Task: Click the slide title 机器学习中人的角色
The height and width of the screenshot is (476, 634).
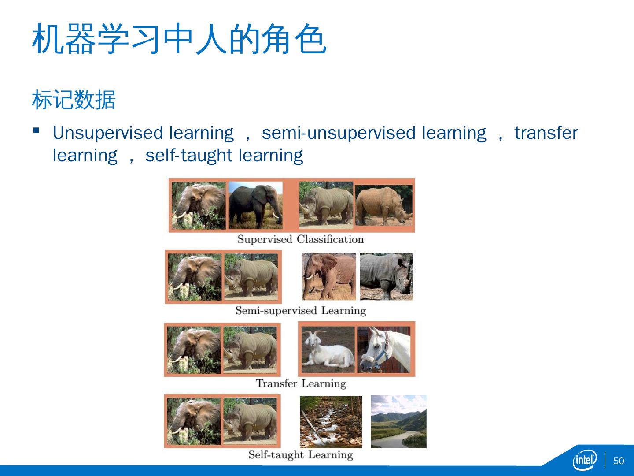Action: coord(179,39)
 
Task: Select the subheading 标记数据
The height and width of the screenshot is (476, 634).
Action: coord(74,100)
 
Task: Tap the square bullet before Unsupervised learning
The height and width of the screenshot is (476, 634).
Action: coord(36,130)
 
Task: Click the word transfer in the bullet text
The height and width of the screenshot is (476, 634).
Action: coord(546,133)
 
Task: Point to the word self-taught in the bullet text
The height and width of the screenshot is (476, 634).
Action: coord(188,156)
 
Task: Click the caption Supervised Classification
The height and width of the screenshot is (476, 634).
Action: coord(300,239)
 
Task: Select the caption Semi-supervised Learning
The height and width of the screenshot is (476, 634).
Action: coord(301,311)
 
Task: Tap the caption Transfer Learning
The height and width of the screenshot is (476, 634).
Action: coord(301,383)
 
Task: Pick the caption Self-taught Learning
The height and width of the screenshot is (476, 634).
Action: coord(301,455)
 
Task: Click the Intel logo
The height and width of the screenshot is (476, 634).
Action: coord(585,460)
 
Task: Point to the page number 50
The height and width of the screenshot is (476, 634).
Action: coord(619,461)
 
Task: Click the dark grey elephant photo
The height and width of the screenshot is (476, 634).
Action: coord(256,205)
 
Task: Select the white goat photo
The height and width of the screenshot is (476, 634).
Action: coord(328,350)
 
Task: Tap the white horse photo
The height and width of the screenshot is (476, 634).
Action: coord(384,350)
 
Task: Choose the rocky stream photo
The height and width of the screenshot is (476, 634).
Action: coord(331,422)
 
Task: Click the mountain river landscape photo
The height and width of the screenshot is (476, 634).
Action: coord(398,422)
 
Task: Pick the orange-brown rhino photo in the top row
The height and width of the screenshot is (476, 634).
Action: coord(384,205)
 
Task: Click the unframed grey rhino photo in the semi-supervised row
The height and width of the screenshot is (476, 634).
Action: coord(387,277)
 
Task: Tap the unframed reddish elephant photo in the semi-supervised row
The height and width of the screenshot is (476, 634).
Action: coord(329,277)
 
